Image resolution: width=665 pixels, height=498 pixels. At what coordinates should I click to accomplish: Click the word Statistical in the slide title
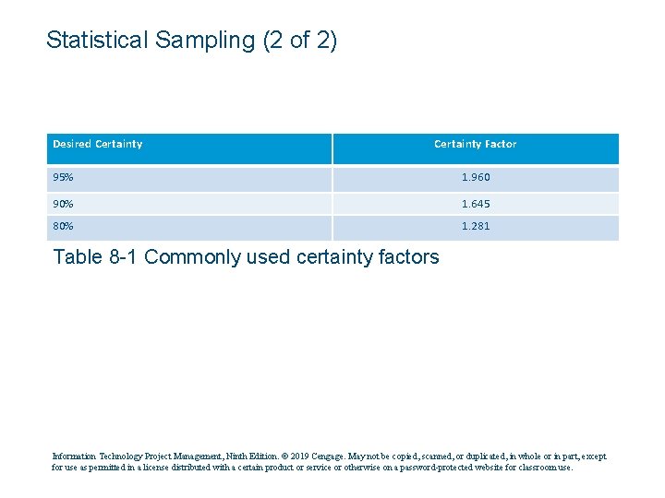99,41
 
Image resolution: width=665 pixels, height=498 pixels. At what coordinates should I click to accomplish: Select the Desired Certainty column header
97,144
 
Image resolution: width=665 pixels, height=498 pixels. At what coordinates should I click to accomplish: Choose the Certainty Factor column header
475,144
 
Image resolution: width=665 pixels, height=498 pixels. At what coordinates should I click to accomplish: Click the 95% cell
64,177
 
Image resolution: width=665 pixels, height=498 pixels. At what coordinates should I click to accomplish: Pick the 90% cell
64,202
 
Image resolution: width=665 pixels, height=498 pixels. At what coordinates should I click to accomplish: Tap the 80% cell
64,227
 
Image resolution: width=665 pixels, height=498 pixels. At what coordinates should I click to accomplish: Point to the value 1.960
476,177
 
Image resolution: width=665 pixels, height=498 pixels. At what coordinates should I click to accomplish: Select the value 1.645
476,202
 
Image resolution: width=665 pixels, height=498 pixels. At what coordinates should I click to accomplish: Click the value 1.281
476,227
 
